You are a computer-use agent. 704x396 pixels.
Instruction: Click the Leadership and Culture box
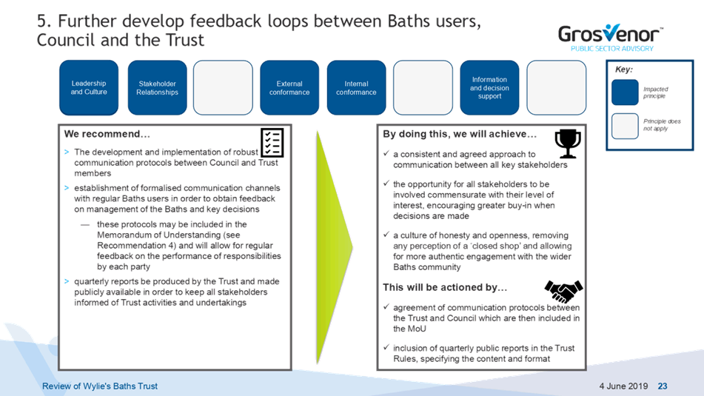click(89, 87)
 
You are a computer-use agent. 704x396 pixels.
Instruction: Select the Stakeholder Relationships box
click(157, 87)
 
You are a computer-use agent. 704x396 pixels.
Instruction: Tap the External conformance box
click(289, 87)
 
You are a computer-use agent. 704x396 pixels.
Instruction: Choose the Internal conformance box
click(357, 87)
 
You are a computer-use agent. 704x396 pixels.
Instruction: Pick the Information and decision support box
click(489, 87)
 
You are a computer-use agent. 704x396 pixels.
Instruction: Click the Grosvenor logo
click(611, 38)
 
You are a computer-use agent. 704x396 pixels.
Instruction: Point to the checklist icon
click(272, 142)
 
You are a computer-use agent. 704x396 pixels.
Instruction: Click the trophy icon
click(568, 144)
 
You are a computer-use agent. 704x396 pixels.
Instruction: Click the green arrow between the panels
click(333, 247)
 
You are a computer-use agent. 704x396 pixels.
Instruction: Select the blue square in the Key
click(625, 92)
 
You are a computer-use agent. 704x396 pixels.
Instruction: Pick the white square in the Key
click(625, 126)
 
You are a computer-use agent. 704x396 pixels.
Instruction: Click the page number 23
click(663, 386)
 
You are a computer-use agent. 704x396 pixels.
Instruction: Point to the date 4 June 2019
click(623, 386)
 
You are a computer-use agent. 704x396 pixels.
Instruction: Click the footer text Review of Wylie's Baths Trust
click(100, 386)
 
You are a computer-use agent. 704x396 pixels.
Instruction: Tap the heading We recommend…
click(107, 134)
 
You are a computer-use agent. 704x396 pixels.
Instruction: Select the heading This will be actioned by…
click(445, 287)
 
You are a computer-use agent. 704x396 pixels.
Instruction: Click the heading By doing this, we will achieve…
click(460, 134)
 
